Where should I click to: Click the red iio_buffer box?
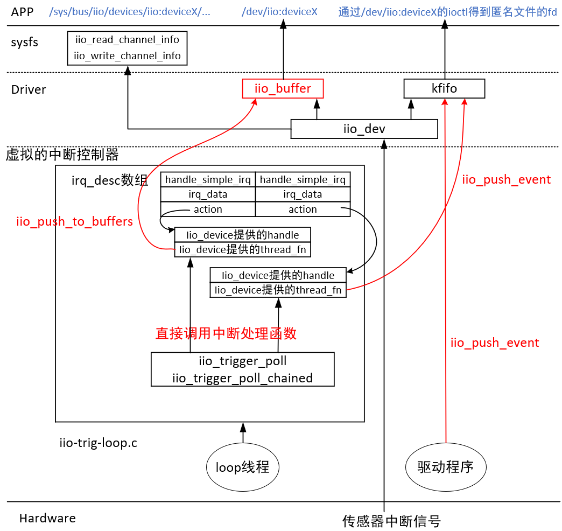pos(283,88)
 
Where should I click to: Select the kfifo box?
pos(444,88)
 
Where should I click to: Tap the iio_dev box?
pos(364,129)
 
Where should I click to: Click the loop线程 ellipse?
pos(242,467)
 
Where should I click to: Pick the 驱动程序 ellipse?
pos(445,467)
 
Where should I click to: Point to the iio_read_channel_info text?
pos(127,40)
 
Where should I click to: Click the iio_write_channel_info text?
pos(127,55)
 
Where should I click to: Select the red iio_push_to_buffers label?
pos(74,222)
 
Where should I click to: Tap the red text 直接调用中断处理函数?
pos(226,333)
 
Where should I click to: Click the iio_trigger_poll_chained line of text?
pos(242,378)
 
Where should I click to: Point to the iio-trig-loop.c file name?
pos(98,443)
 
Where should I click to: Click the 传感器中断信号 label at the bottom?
pos(391,521)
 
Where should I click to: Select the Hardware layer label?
pos(47,518)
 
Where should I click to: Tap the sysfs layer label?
pos(25,42)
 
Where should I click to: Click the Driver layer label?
pos(29,89)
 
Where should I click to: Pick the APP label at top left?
pos(23,11)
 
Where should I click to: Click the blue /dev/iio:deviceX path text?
pos(279,11)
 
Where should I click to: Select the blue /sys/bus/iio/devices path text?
pos(129,11)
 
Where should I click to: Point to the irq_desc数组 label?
pos(110,180)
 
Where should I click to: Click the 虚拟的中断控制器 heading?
pos(62,155)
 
